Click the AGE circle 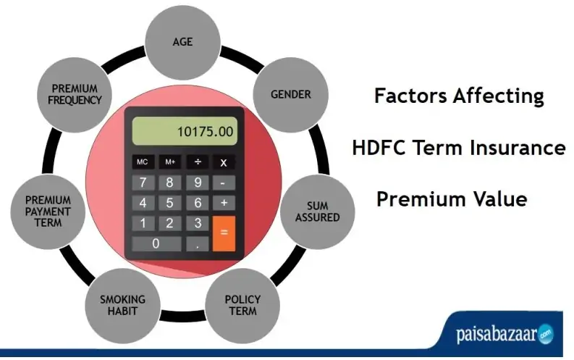[x=182, y=42]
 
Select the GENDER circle [x=291, y=94]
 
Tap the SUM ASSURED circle [x=317, y=212]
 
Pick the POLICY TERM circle [x=242, y=306]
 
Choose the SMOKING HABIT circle [x=122, y=306]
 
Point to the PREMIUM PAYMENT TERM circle [x=48, y=212]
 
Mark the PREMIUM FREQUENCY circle [x=75, y=94]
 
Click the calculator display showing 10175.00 [x=185, y=131]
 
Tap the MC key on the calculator [x=143, y=162]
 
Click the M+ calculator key [x=170, y=162]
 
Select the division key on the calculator [x=198, y=162]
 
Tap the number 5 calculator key [x=170, y=203]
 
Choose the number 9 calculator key [x=198, y=183]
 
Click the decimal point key [x=198, y=244]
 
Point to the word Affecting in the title [x=499, y=96]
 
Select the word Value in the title [x=500, y=199]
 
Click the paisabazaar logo [x=505, y=333]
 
